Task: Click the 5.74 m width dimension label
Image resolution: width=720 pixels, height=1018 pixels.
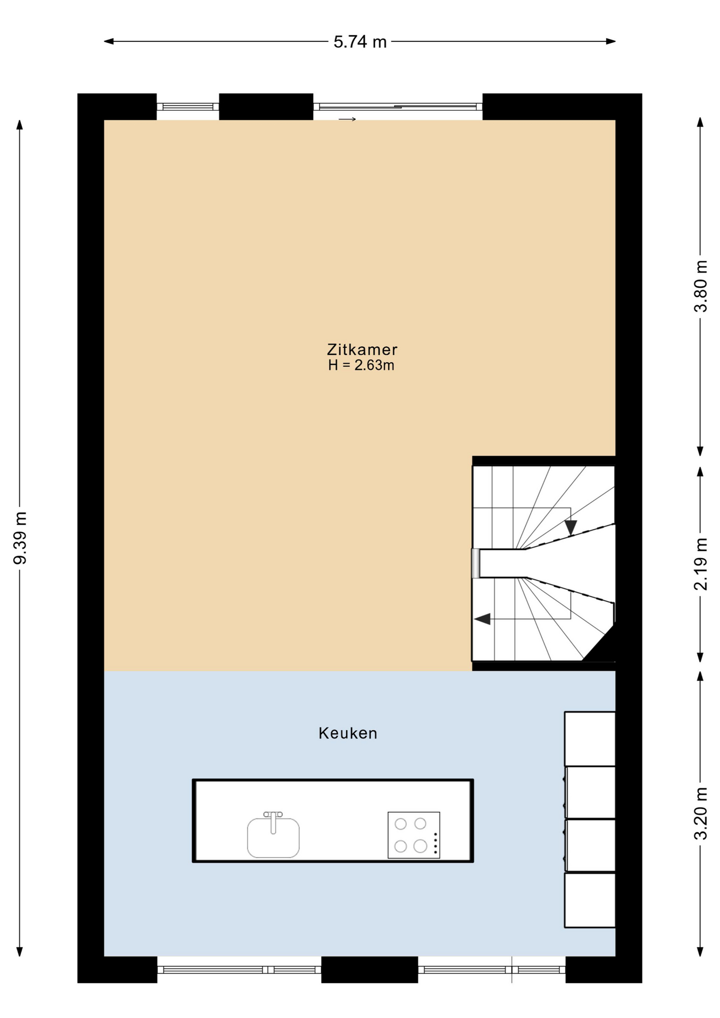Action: [359, 42]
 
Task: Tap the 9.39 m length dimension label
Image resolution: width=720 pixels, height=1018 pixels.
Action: [20, 538]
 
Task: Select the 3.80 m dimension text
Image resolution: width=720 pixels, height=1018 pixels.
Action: [701, 286]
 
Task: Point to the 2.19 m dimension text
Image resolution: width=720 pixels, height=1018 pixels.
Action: [701, 564]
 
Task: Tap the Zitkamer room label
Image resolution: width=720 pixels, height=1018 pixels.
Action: [362, 350]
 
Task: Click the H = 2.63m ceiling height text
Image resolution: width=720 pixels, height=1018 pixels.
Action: [361, 365]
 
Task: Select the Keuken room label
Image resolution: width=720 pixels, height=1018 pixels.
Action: [348, 733]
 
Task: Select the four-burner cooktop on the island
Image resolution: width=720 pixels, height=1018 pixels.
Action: [414, 835]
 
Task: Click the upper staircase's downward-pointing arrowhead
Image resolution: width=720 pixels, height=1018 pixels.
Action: [570, 528]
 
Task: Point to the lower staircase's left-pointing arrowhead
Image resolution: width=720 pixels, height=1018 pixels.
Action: [482, 619]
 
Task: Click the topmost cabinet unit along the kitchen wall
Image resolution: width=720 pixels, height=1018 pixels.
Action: [590, 739]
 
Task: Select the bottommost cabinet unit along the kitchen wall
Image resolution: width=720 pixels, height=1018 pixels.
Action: [590, 901]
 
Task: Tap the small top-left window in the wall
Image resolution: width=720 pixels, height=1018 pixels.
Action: [188, 107]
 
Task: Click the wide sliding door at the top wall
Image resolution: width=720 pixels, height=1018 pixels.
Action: [398, 107]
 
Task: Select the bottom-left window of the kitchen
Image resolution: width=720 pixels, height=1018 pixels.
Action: [239, 970]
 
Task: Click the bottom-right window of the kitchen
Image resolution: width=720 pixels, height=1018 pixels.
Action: [491, 970]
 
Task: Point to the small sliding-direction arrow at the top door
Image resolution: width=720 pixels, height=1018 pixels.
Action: [347, 119]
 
